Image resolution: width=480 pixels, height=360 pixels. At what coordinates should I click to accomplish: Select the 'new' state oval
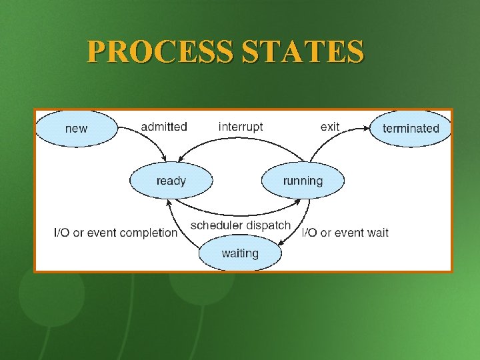tap(76, 128)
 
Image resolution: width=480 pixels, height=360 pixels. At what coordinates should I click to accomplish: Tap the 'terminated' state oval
tap(411, 128)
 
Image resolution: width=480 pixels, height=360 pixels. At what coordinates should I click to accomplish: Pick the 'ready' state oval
tap(171, 181)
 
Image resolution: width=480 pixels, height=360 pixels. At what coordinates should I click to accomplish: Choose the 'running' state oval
tap(303, 181)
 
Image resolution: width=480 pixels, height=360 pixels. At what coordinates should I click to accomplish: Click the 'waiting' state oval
tap(240, 253)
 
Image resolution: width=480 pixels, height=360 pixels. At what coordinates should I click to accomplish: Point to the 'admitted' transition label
tap(164, 127)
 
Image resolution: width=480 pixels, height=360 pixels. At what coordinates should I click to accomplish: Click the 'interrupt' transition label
tap(241, 127)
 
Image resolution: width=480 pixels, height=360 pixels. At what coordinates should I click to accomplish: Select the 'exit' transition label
tap(330, 127)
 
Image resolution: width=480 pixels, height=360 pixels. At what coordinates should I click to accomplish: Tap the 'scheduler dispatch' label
tap(241, 225)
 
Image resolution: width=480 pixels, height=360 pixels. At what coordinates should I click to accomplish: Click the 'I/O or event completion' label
tap(115, 233)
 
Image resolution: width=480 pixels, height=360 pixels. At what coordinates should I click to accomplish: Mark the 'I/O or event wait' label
tap(345, 233)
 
